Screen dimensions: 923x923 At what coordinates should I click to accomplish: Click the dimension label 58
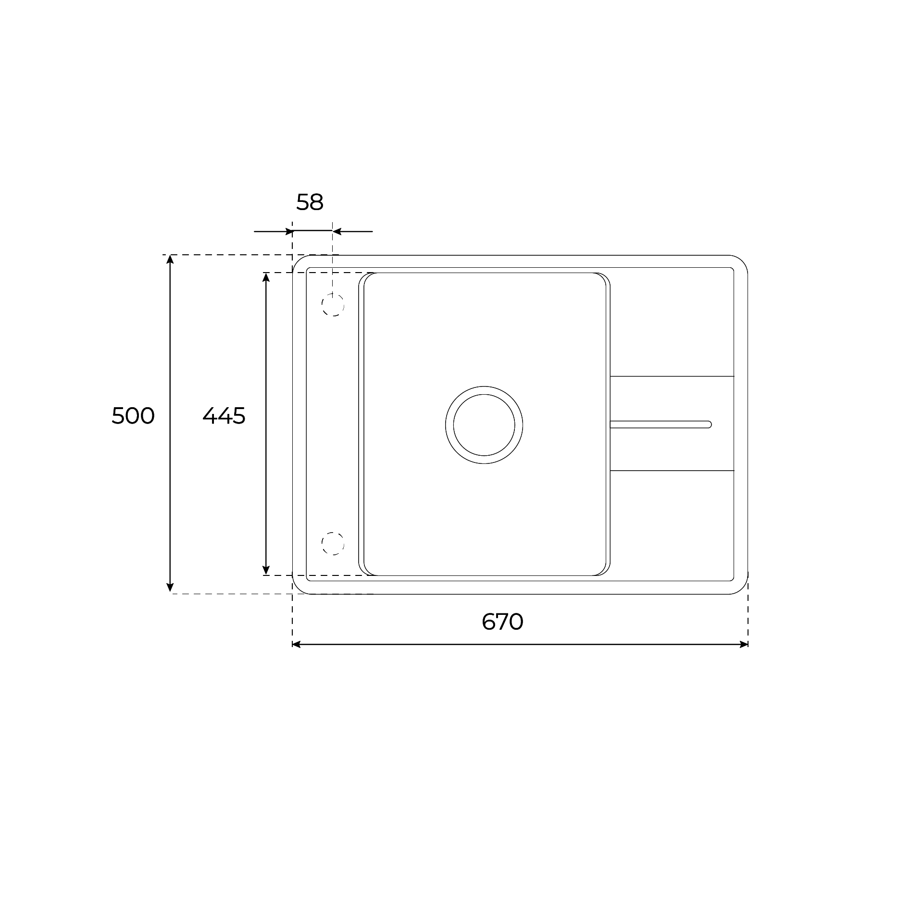(310, 202)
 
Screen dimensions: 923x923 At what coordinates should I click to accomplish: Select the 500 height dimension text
(133, 416)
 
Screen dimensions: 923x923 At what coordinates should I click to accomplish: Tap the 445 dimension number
(224, 416)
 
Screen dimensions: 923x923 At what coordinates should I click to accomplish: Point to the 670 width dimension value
(502, 622)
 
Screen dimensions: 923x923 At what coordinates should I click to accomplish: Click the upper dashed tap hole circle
(333, 304)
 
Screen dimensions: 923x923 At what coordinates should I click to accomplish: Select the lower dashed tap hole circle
(333, 543)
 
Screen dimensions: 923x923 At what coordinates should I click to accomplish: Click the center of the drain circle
(484, 424)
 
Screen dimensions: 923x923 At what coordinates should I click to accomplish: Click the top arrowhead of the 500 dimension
(170, 260)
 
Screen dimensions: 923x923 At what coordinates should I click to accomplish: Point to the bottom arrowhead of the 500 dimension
(170, 587)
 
